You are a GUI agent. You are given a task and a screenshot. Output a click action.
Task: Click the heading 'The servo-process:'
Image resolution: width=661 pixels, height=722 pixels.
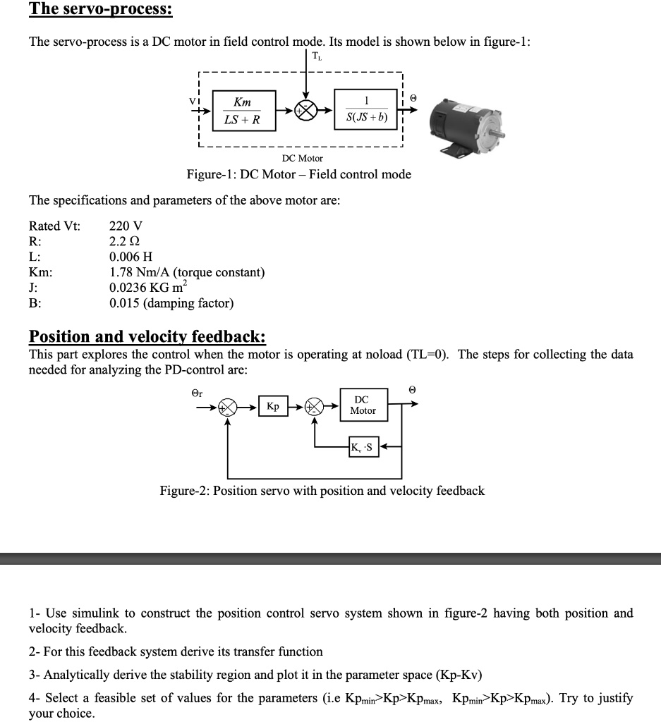[100, 10]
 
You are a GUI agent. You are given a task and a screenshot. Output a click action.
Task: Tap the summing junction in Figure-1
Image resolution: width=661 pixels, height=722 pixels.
[305, 111]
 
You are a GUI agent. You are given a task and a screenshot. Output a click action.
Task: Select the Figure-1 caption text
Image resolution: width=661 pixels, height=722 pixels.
[298, 174]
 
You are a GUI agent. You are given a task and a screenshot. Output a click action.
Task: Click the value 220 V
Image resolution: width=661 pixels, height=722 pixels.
[126, 226]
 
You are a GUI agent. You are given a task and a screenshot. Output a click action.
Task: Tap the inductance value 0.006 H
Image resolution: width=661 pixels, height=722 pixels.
[131, 257]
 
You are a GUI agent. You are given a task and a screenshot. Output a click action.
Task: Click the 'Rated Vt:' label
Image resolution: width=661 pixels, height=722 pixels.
[54, 226]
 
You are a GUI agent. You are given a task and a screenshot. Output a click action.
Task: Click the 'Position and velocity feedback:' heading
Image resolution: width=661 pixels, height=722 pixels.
[147, 336]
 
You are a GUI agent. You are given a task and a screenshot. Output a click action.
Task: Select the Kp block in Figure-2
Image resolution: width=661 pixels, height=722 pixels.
[272, 408]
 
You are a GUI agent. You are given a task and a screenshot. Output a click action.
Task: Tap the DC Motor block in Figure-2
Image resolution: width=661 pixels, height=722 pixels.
[363, 405]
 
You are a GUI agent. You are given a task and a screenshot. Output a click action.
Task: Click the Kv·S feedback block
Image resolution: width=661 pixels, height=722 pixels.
[363, 446]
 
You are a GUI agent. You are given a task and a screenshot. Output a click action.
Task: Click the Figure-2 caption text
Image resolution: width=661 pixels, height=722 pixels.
[322, 491]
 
